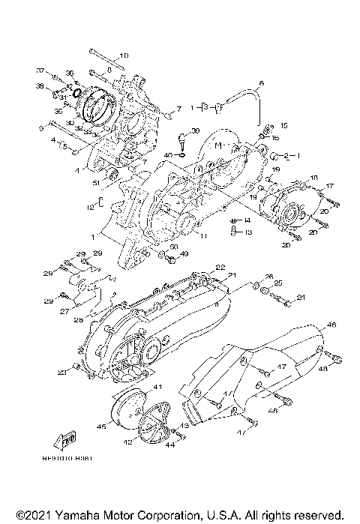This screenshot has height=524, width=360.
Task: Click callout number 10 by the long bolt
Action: point(124,55)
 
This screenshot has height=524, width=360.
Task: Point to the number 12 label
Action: point(89,205)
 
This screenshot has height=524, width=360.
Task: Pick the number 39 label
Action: point(174,130)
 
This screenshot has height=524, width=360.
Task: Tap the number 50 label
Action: point(174,247)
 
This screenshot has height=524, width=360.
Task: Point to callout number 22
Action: point(220,267)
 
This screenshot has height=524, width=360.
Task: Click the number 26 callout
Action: point(268,277)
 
